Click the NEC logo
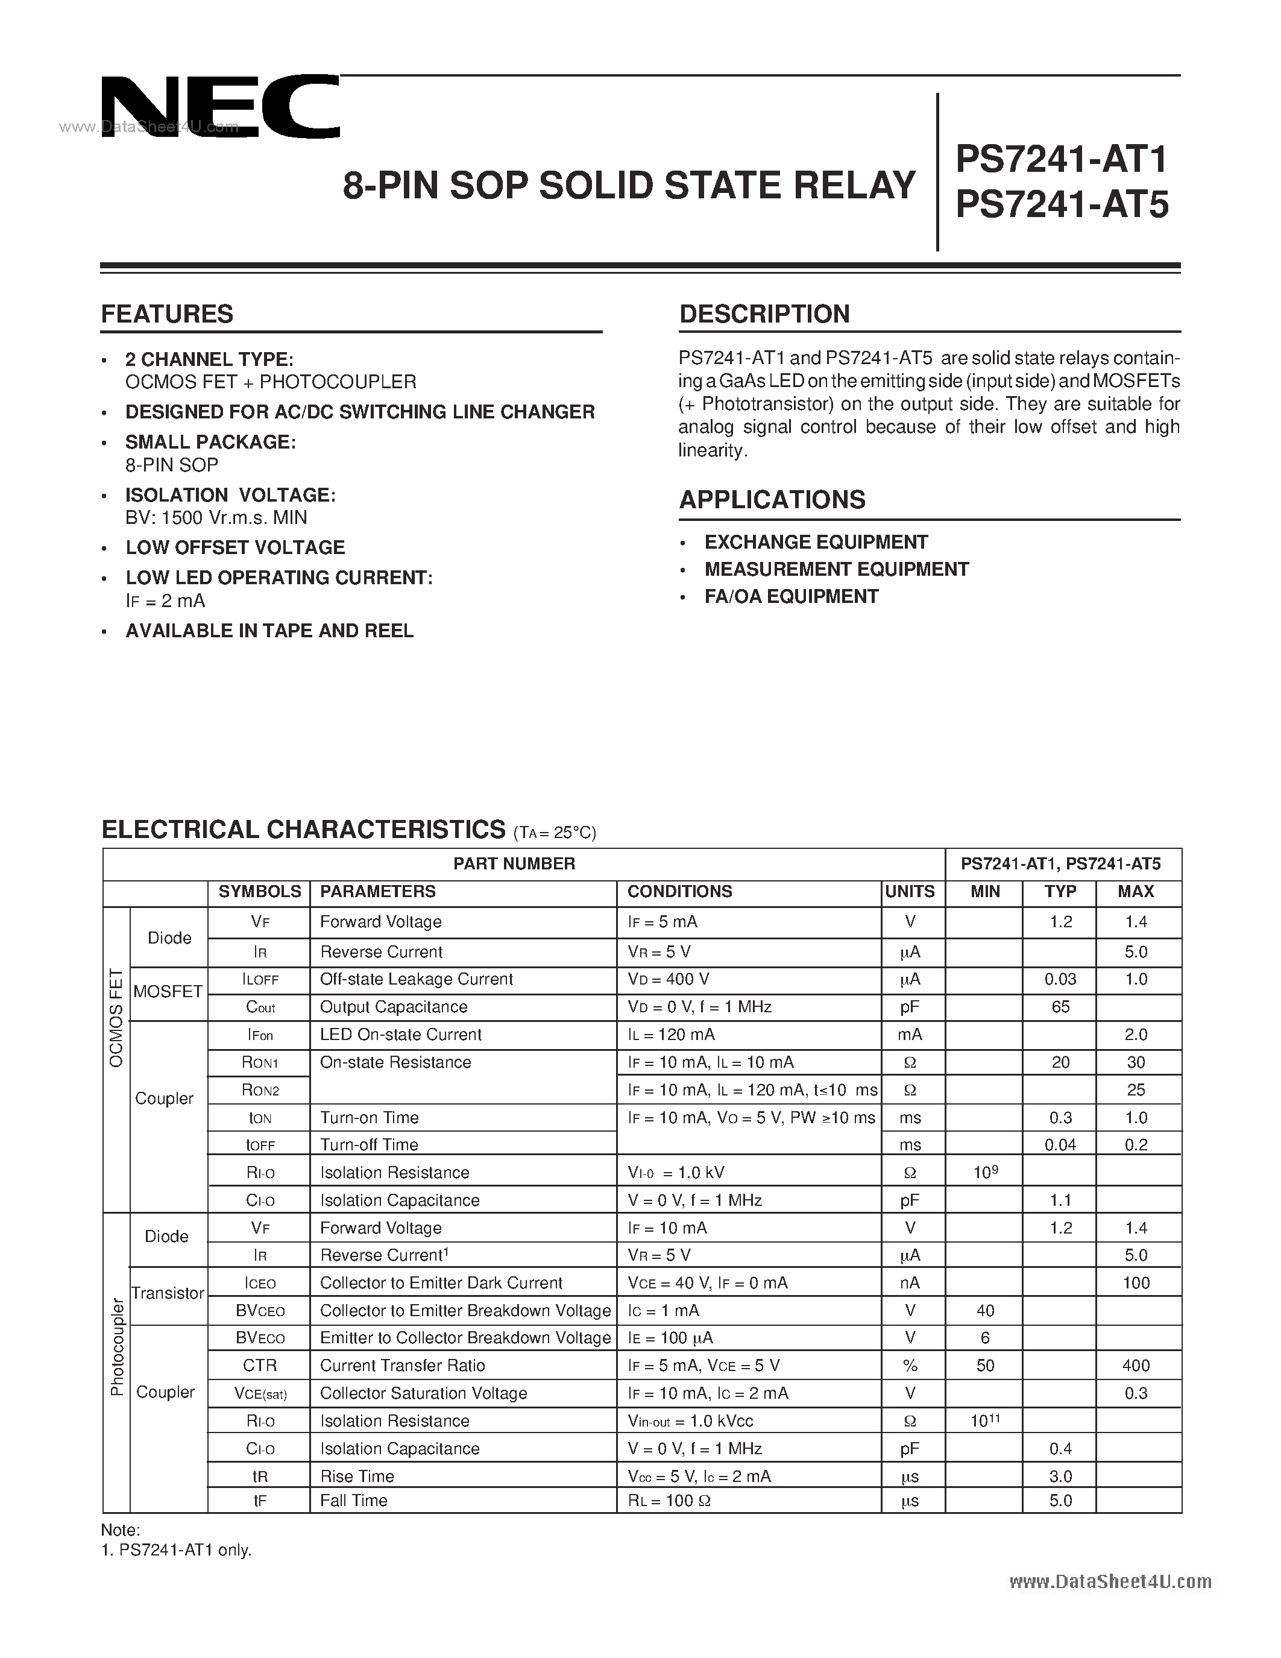220,107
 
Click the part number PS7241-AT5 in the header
1062,205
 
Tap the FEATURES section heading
167,314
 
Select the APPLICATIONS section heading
772,500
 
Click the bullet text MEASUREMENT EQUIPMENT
836,569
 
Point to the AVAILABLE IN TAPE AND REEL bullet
269,631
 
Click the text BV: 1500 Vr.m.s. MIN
216,518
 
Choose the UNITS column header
910,891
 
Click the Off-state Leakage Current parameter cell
417,979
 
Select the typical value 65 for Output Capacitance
1060,1007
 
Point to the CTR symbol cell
260,1366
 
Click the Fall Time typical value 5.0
1060,1500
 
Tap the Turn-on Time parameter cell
369,1117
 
